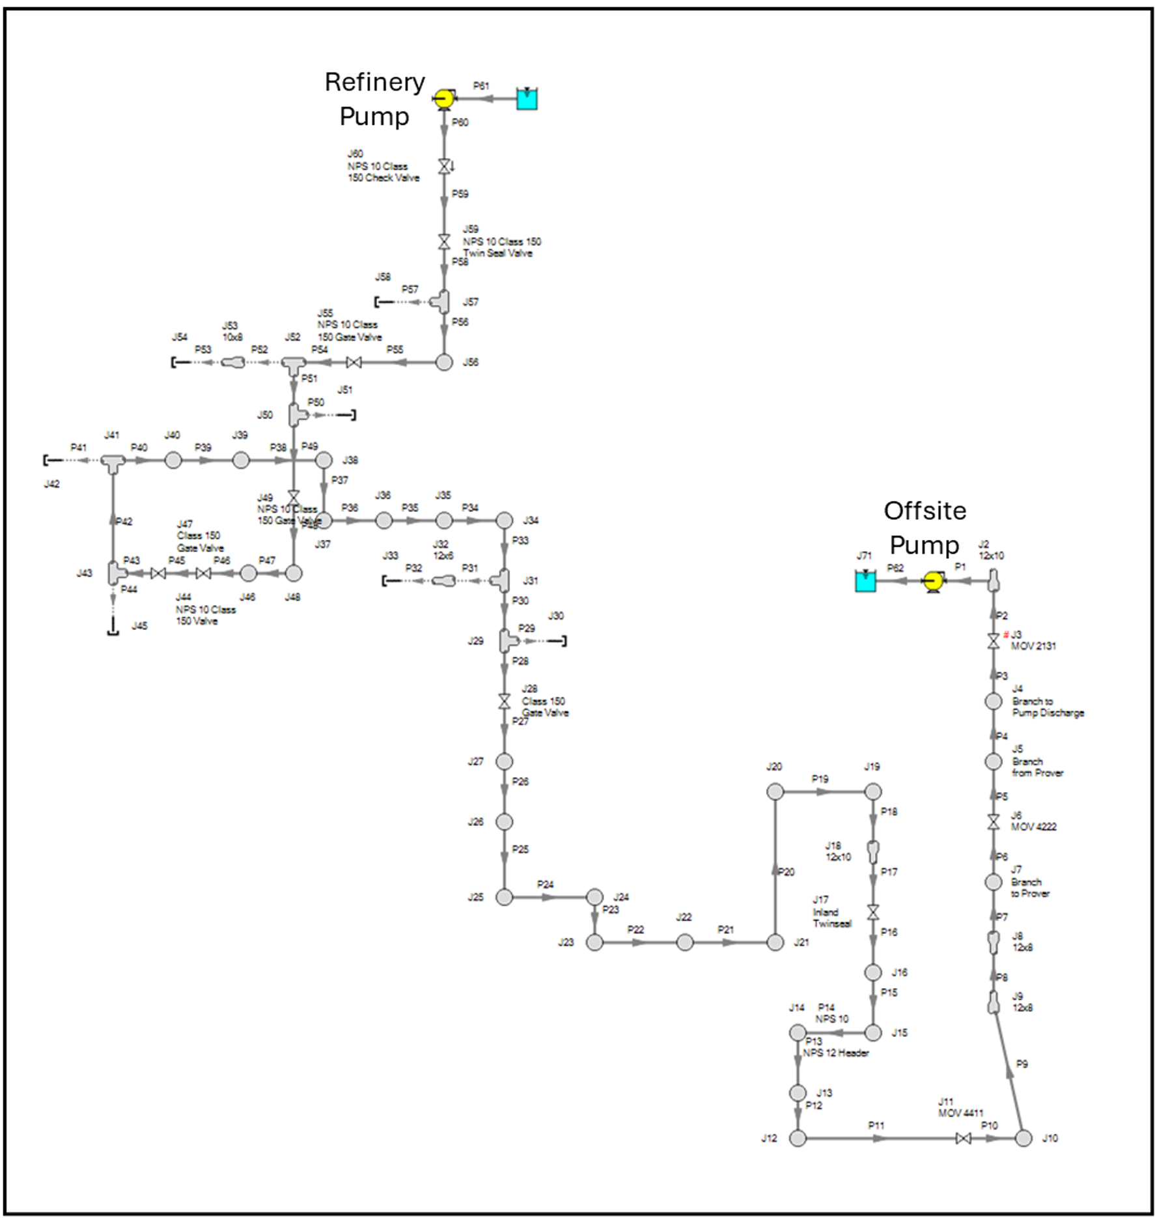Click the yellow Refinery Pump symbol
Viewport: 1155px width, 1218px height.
click(x=444, y=99)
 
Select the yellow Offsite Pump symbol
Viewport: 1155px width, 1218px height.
click(x=933, y=581)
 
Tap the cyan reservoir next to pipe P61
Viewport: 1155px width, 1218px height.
click(x=527, y=99)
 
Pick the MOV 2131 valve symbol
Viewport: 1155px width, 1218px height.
click(x=993, y=642)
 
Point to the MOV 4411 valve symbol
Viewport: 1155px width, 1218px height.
click(x=964, y=1139)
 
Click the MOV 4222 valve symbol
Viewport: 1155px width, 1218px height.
click(x=993, y=822)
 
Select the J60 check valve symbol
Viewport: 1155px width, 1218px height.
click(x=445, y=166)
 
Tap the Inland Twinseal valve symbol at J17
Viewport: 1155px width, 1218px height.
click(x=873, y=912)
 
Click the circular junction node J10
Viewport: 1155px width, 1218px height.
click(x=1023, y=1139)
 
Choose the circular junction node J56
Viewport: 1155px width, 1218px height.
click(x=444, y=362)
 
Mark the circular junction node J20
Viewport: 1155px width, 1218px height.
click(x=775, y=791)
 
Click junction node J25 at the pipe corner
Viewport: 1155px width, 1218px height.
click(x=504, y=897)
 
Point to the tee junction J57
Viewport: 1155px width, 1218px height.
click(x=443, y=302)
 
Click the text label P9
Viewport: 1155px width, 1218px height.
click(x=1022, y=1064)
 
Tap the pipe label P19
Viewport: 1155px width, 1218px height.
click(x=820, y=779)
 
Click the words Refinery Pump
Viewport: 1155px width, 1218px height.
click(x=374, y=99)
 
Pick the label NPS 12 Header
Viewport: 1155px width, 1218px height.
click(x=836, y=1053)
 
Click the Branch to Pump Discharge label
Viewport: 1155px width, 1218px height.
click(x=1048, y=707)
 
